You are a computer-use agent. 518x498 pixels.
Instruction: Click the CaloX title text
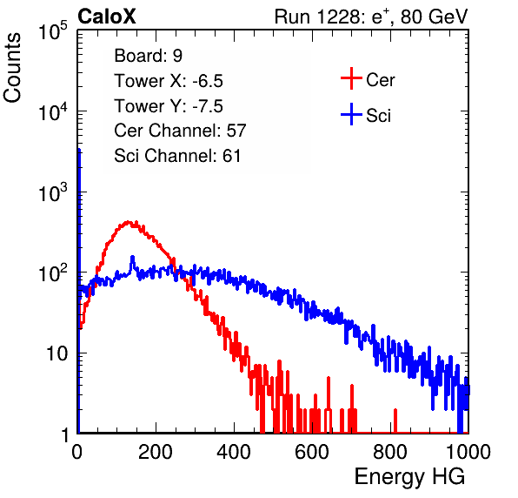[x=106, y=17]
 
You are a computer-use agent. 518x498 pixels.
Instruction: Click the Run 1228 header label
[x=371, y=17]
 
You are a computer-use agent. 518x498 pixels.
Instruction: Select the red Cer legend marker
[x=351, y=78]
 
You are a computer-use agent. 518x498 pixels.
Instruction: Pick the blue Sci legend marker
[x=351, y=115]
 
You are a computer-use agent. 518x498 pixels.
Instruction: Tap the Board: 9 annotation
[x=148, y=56]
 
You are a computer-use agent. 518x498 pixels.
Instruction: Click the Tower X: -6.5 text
[x=169, y=81]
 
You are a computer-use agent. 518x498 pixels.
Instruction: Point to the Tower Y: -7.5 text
[x=169, y=106]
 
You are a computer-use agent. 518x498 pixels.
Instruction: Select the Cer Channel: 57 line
[x=180, y=131]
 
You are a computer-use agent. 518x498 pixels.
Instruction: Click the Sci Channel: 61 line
[x=177, y=156]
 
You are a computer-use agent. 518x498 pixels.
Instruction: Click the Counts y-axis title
[x=12, y=68]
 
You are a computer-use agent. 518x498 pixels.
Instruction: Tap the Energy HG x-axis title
[x=409, y=476]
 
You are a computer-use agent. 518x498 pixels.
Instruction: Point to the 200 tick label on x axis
[x=156, y=452]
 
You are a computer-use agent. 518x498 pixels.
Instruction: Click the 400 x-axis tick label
[x=234, y=452]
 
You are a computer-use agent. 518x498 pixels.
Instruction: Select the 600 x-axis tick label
[x=312, y=452]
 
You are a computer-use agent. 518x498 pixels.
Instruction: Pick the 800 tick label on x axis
[x=390, y=452]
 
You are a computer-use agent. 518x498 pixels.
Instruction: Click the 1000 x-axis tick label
[x=468, y=452]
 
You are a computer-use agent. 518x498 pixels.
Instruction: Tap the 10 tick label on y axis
[x=56, y=353]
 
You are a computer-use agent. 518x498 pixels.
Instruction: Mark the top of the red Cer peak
[x=128, y=222]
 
